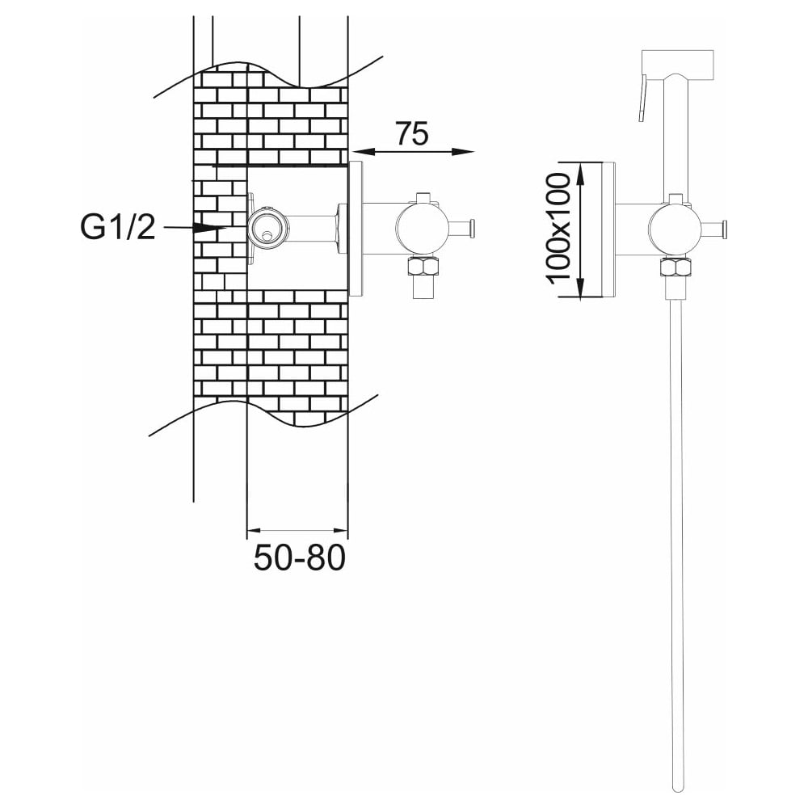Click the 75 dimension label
(x=412, y=133)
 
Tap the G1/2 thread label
(x=117, y=226)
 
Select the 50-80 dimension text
(x=300, y=558)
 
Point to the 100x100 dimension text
(x=558, y=229)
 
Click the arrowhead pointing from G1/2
(x=210, y=227)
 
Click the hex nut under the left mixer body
(x=423, y=267)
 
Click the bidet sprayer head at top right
(x=677, y=65)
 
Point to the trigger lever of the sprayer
(x=642, y=99)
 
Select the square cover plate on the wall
(x=356, y=229)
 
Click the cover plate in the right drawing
(x=608, y=229)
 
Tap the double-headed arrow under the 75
(x=413, y=152)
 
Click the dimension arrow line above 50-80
(x=297, y=530)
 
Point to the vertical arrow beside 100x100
(x=580, y=229)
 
